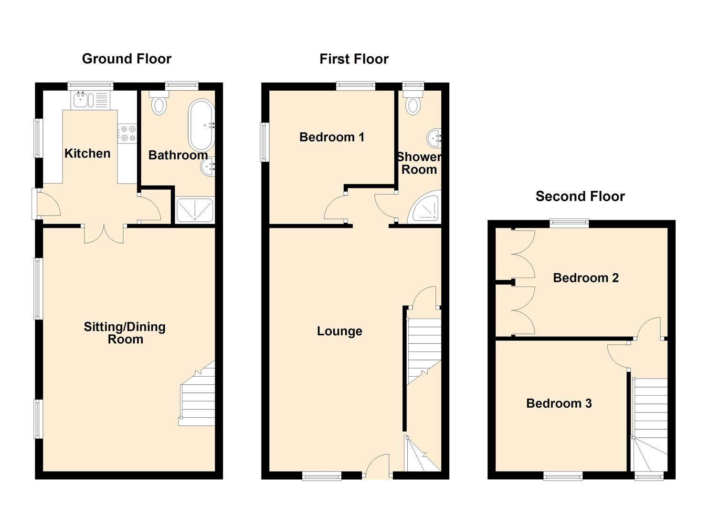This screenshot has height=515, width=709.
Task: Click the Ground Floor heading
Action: tap(127, 59)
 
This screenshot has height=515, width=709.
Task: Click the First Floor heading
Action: tap(354, 59)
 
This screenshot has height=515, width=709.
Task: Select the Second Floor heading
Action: tap(580, 196)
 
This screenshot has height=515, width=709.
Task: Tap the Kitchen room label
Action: tap(87, 154)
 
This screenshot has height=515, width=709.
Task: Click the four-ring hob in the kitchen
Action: tap(127, 133)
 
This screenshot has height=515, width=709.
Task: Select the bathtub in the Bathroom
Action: tap(202, 125)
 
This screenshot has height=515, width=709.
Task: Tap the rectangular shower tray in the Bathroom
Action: tap(195, 209)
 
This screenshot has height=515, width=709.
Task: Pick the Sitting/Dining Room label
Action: tap(125, 333)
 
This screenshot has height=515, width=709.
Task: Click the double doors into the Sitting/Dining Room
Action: tap(104, 234)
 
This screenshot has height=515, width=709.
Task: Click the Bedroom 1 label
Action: tap(332, 137)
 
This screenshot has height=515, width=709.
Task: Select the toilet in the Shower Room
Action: tap(413, 102)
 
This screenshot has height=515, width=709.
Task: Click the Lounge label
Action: tap(339, 331)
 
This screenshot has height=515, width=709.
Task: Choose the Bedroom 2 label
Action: tap(586, 278)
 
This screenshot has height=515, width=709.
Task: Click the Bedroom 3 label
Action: tap(559, 403)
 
